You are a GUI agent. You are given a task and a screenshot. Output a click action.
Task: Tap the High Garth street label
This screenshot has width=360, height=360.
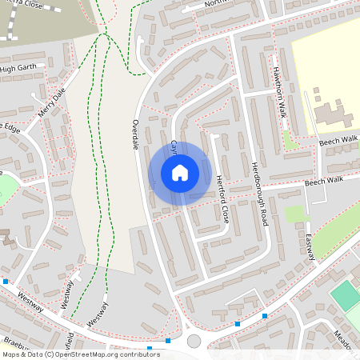click(19, 69)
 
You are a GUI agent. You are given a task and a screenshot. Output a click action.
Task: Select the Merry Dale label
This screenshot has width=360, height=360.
click(51, 103)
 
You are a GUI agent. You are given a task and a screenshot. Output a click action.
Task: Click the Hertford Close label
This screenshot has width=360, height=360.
click(222, 200)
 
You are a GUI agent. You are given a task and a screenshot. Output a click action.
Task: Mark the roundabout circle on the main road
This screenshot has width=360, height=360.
click(194, 342)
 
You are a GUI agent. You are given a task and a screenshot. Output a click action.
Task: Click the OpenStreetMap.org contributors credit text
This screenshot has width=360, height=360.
click(106, 354)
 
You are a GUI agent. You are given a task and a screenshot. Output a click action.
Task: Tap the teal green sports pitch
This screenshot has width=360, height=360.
click(346, 295)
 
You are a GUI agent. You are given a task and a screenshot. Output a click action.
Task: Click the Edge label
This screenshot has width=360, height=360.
click(10, 128)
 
